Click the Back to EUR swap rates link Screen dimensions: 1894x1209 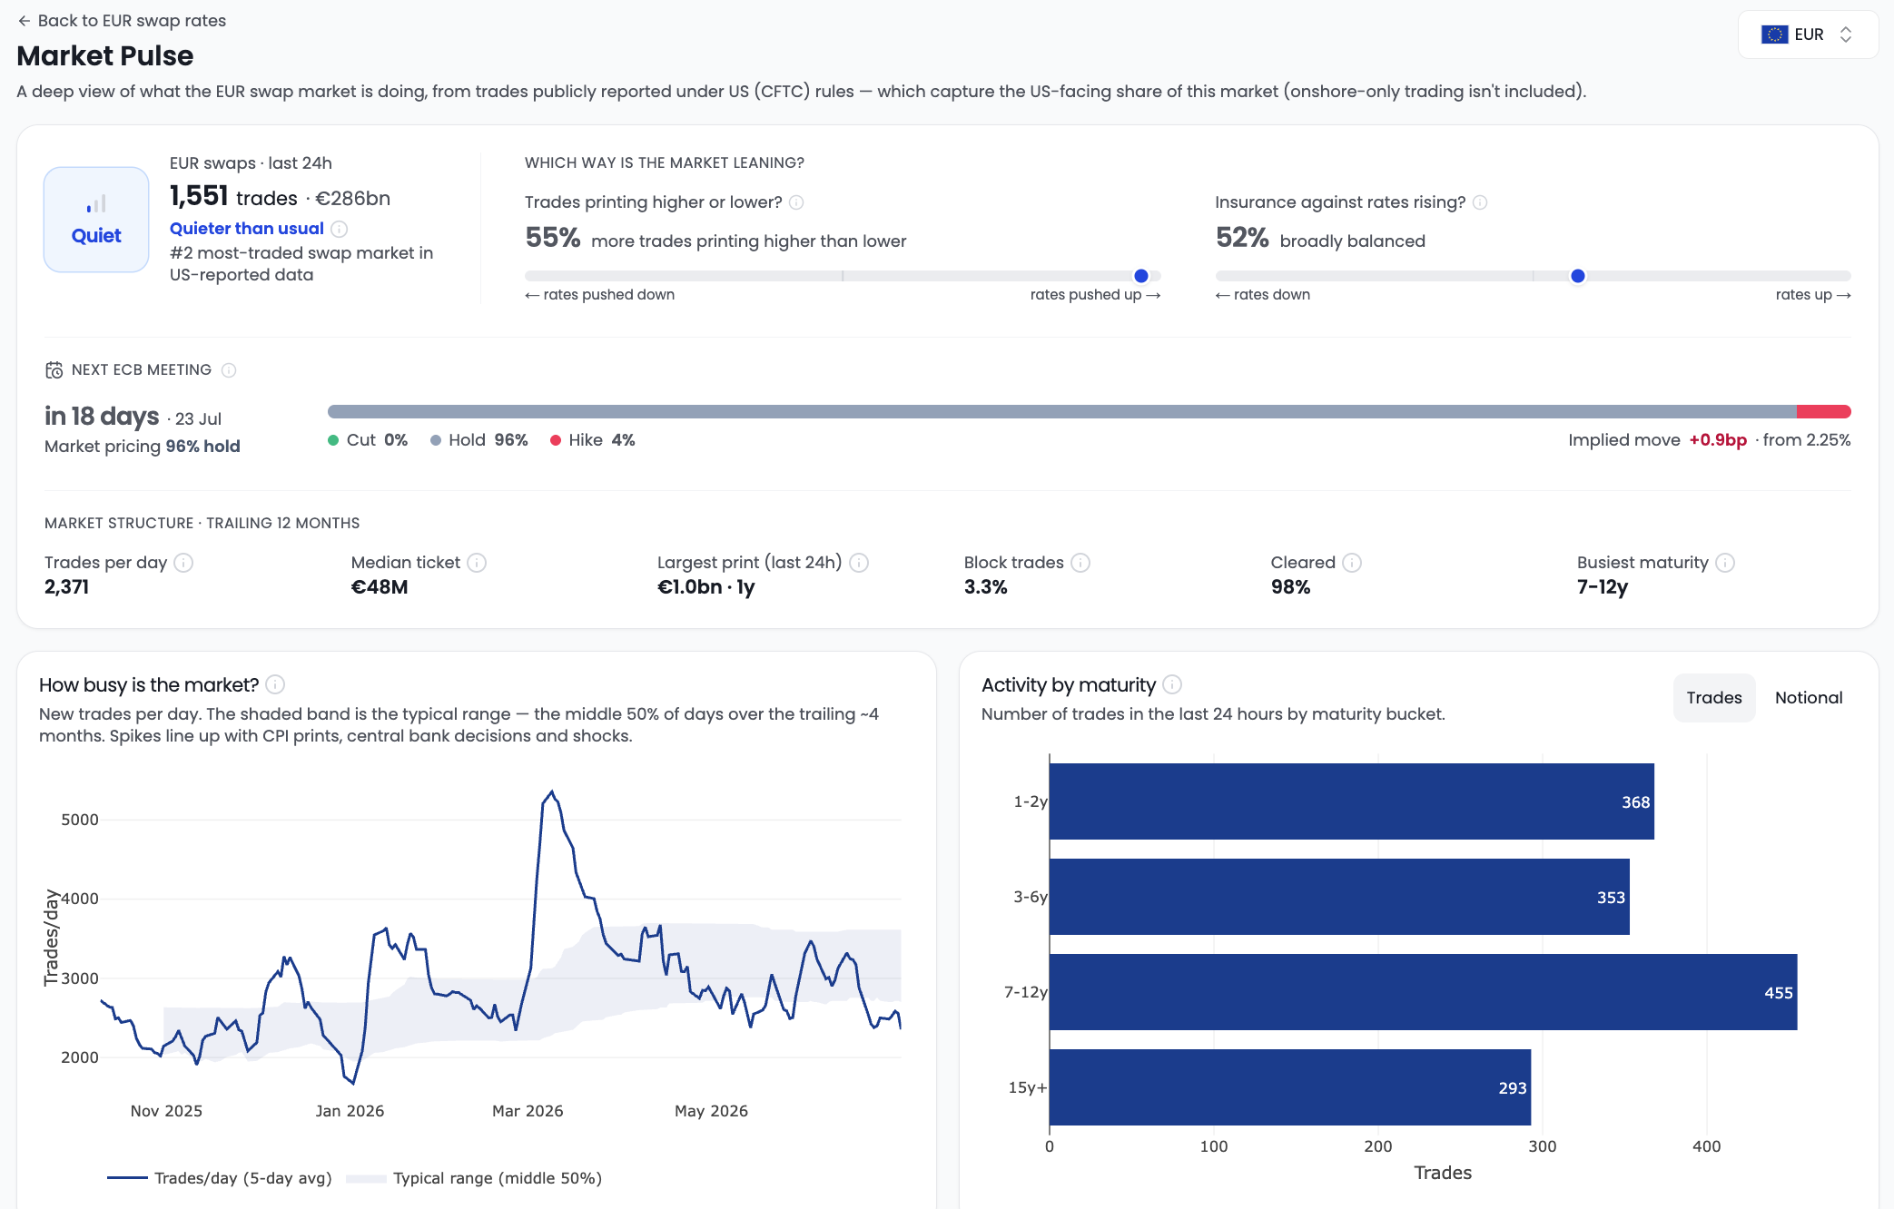pyautogui.click(x=122, y=21)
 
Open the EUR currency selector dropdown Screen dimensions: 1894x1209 pyautogui.click(x=1807, y=34)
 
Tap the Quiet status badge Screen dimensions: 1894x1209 pyautogui.click(x=96, y=220)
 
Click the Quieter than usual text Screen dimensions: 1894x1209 pyautogui.click(x=247, y=229)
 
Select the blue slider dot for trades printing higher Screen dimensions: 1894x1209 pyautogui.click(x=1141, y=276)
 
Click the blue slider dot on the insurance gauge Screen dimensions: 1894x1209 pyautogui.click(x=1578, y=276)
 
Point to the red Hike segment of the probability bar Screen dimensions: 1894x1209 pyautogui.click(x=1823, y=412)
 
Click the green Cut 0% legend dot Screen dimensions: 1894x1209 pyautogui.click(x=333, y=440)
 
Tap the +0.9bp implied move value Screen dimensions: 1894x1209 pyautogui.click(x=1718, y=440)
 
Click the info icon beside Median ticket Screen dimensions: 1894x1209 pyautogui.click(x=477, y=563)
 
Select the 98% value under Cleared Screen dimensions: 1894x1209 pyautogui.click(x=1290, y=587)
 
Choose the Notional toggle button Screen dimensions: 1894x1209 pyautogui.click(x=1809, y=698)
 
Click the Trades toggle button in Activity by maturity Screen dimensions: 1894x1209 pyautogui.click(x=1714, y=698)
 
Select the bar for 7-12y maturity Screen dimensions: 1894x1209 pyautogui.click(x=1423, y=992)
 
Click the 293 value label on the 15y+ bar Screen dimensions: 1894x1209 pyautogui.click(x=1513, y=1088)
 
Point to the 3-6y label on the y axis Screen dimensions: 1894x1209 pyautogui.click(x=1031, y=897)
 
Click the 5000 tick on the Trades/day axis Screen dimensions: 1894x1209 pyautogui.click(x=80, y=820)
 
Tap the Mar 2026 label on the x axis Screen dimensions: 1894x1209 pyautogui.click(x=528, y=1111)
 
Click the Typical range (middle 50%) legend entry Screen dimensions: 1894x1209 pyautogui.click(x=474, y=1178)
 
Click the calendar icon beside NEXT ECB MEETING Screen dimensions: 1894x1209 pyautogui.click(x=54, y=370)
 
